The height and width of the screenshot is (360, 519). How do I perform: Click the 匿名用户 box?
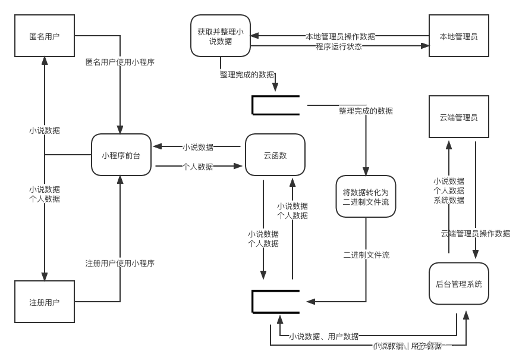coord(45,36)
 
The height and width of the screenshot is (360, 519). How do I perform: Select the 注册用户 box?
coord(45,302)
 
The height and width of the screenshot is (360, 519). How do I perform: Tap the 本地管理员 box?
coord(458,36)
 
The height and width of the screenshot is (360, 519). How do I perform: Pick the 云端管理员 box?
coord(458,117)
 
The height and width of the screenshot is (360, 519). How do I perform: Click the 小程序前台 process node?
coord(121,155)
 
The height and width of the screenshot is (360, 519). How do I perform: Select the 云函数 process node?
coord(275,155)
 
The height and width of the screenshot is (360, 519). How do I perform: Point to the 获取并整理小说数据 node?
coord(221,36)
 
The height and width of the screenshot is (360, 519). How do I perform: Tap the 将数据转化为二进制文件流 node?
coord(366,197)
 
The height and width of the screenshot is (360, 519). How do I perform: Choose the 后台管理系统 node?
coord(458,284)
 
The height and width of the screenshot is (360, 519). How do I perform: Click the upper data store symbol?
coord(275,105)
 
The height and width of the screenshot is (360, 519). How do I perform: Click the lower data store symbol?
coord(275,301)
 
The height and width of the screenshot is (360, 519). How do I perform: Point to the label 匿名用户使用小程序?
coord(120,61)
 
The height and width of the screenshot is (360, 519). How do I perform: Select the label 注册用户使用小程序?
coord(120,263)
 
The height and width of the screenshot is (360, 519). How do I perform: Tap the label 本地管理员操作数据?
coord(341,36)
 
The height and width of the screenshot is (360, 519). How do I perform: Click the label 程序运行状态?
coord(339,46)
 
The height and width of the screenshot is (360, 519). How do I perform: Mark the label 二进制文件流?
coord(366,255)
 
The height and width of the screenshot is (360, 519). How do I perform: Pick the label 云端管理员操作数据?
coord(475,233)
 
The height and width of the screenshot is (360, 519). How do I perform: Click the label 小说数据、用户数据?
coord(324,336)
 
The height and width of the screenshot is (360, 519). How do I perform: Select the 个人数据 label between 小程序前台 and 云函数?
coord(198,167)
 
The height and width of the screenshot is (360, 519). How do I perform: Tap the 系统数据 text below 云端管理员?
coord(449,200)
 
